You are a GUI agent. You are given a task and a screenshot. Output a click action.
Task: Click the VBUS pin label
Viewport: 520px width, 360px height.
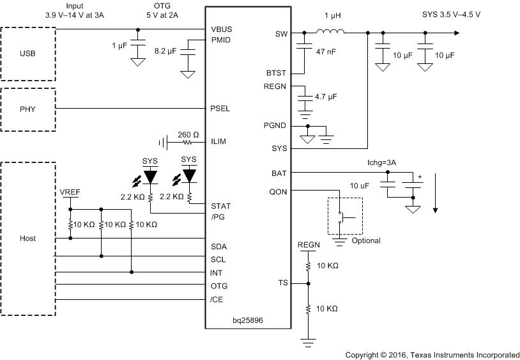[221, 29]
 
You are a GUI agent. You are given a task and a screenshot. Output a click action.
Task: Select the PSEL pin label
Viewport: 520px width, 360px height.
[220, 109]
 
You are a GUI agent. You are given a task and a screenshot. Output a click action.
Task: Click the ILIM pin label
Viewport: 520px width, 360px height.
[219, 142]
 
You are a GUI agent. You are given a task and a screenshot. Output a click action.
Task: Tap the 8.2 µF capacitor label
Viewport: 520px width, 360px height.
[165, 49]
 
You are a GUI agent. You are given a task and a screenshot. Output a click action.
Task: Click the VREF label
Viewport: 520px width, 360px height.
[70, 192]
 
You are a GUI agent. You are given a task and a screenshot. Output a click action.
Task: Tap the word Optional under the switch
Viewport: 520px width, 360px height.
[365, 240]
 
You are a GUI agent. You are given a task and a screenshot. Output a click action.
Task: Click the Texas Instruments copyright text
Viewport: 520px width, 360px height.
[432, 354]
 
